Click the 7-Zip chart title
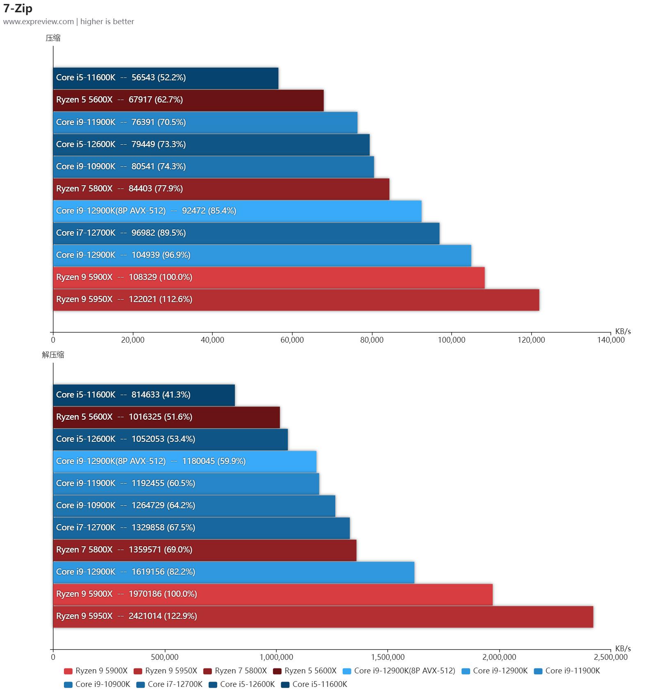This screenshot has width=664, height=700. tap(18, 9)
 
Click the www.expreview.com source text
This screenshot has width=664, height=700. tap(39, 22)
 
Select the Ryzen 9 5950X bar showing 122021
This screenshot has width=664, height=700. tap(296, 300)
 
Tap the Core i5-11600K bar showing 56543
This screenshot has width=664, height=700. tap(166, 78)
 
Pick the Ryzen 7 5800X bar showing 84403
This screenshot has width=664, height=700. tap(221, 189)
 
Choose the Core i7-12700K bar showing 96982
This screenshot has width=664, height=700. tap(246, 233)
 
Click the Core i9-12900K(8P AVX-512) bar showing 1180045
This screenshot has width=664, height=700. tap(184, 461)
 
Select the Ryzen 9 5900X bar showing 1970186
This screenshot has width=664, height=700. tap(273, 594)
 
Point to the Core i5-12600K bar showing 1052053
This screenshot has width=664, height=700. tap(170, 439)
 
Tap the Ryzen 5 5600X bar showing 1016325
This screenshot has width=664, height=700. tap(166, 417)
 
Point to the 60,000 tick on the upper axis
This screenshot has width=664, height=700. tap(292, 340)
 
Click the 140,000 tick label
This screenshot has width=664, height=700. tap(611, 340)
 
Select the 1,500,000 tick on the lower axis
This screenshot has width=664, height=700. tap(388, 657)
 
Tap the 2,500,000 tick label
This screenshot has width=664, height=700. tap(611, 657)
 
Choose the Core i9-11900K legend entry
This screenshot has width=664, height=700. tap(567, 671)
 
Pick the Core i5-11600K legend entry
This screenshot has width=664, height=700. tap(314, 684)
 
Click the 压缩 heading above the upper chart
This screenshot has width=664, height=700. tap(53, 38)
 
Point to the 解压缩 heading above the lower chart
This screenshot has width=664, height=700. tap(53, 355)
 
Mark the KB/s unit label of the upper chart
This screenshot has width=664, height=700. tap(623, 331)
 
